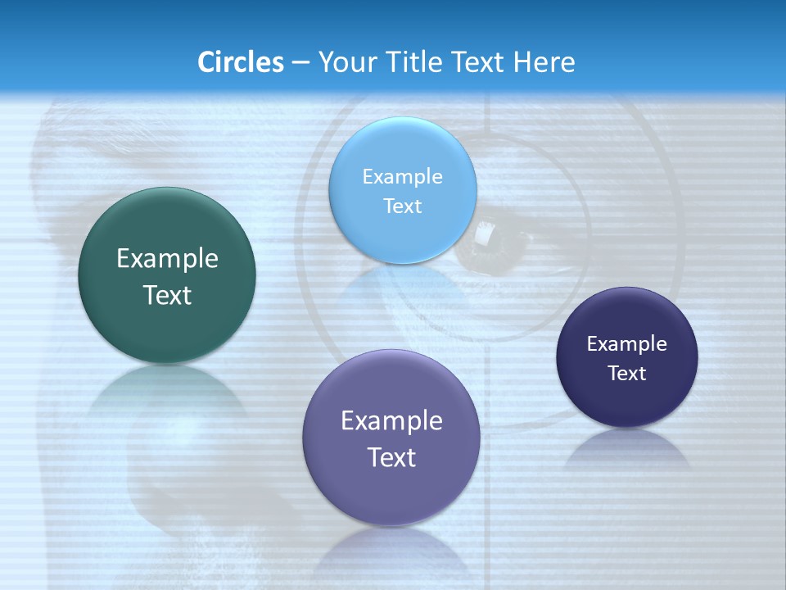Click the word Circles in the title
click(x=240, y=61)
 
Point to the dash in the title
click(x=300, y=62)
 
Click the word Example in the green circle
click(x=167, y=259)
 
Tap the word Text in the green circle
click(x=167, y=295)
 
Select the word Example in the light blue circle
click(x=403, y=176)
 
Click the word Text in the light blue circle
click(x=403, y=206)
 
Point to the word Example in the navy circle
click(x=627, y=343)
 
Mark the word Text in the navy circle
click(x=627, y=373)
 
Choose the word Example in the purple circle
click(x=391, y=421)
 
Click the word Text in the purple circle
click(x=391, y=457)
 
